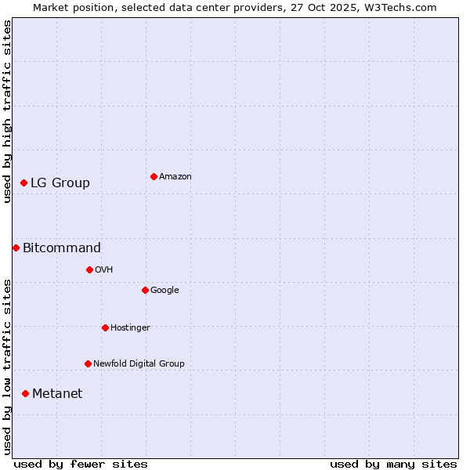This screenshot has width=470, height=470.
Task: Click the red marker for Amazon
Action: (x=154, y=176)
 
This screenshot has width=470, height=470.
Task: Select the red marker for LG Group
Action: (x=24, y=183)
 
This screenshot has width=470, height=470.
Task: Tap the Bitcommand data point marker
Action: (x=16, y=248)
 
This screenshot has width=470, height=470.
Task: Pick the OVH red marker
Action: (x=89, y=269)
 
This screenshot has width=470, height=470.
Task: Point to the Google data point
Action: (x=145, y=290)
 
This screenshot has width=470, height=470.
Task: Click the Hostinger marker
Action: (x=105, y=327)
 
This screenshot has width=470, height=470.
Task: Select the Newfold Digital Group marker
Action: (x=88, y=363)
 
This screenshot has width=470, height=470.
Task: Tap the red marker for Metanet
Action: (x=25, y=393)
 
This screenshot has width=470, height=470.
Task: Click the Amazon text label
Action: (x=175, y=177)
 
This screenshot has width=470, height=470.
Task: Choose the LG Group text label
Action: (x=60, y=183)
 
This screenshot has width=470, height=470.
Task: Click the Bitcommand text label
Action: (x=62, y=248)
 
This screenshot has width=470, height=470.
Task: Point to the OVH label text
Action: (x=104, y=270)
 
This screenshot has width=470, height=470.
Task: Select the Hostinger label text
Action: (x=130, y=328)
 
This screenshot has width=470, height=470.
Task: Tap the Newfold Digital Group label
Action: (x=139, y=364)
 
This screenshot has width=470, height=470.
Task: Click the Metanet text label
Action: (x=57, y=394)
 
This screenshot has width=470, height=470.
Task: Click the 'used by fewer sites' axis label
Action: (x=81, y=464)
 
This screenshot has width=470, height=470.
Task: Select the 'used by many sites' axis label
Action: (x=393, y=464)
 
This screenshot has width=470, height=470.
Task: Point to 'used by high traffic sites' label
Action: (x=7, y=111)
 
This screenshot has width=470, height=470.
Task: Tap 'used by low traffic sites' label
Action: (x=7, y=367)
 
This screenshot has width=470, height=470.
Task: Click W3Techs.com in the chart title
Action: (x=402, y=7)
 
